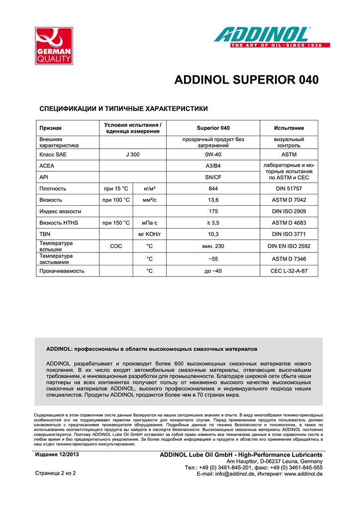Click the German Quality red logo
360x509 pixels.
(53, 46)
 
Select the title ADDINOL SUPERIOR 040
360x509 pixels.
(246, 81)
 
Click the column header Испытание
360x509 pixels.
(289, 128)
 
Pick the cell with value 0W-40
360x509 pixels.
(213, 155)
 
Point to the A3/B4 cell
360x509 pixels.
(213, 166)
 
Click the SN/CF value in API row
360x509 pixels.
(213, 177)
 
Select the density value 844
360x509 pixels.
(213, 188)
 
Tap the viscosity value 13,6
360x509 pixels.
(213, 200)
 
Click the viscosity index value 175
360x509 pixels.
(213, 211)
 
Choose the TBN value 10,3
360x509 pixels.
(213, 234)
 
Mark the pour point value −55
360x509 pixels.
(213, 258)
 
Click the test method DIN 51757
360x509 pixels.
(289, 188)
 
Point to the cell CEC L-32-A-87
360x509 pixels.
(289, 271)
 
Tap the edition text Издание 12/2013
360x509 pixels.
(56, 454)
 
